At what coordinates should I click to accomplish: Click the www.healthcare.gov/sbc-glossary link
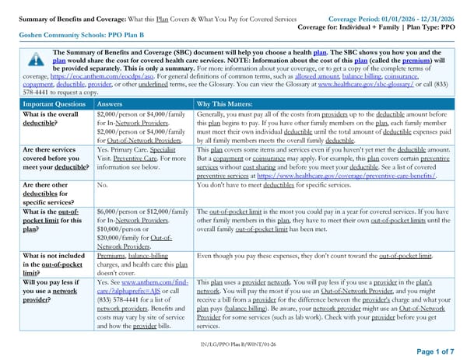pyautogui.click(x=361, y=86)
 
